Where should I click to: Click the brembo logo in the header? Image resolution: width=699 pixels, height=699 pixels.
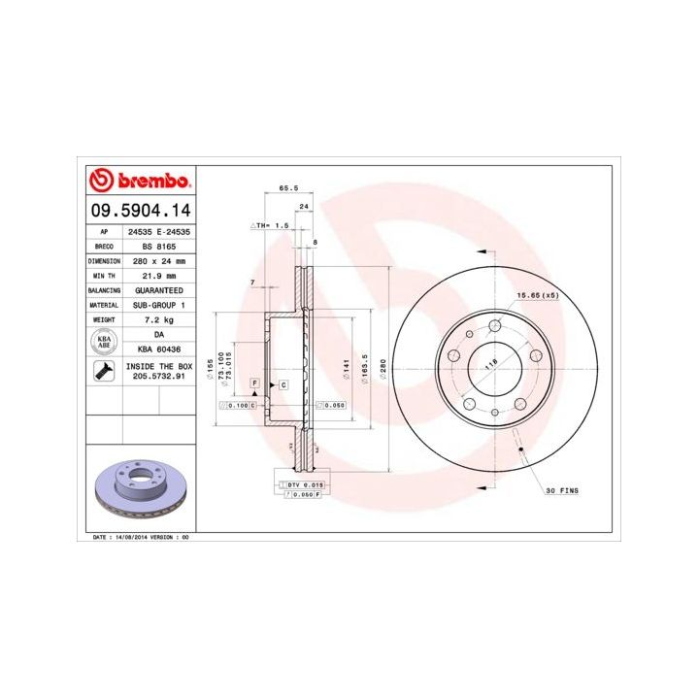(x=140, y=182)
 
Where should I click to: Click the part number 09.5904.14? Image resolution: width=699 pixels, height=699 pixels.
(x=140, y=210)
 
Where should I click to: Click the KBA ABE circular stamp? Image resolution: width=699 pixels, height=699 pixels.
(x=101, y=341)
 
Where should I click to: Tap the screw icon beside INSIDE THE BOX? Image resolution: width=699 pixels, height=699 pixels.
(x=101, y=370)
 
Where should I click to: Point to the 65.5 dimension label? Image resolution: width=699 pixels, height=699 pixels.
(x=287, y=187)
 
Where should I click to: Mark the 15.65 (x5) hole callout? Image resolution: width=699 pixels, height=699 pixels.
(x=536, y=294)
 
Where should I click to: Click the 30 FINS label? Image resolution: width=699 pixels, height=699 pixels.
(x=561, y=491)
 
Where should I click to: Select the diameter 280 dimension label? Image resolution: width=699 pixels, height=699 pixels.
(x=383, y=369)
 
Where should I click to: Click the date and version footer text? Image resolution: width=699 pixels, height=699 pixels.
(x=141, y=536)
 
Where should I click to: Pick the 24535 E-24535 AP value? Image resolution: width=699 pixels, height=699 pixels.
(x=155, y=233)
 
